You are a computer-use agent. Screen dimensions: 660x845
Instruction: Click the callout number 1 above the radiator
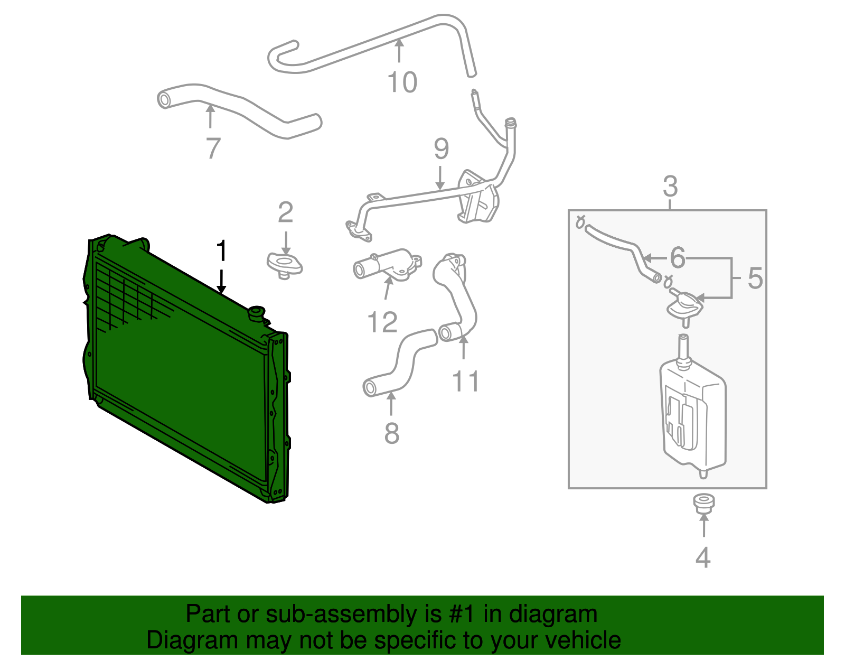click(221, 250)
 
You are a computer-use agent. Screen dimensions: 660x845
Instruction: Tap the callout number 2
click(285, 212)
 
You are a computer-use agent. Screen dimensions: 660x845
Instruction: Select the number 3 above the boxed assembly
click(670, 187)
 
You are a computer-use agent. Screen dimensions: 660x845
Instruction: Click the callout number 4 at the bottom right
click(703, 557)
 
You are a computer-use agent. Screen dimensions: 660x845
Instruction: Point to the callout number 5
click(755, 278)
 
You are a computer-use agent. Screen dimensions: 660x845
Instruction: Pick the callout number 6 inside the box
click(677, 258)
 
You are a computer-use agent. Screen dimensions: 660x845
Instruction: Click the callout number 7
click(212, 148)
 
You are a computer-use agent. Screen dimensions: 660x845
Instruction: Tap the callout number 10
click(402, 82)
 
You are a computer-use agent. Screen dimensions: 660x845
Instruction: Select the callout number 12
click(382, 322)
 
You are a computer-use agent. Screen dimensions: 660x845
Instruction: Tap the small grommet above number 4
click(703, 503)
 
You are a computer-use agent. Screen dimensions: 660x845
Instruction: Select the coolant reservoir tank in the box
click(693, 417)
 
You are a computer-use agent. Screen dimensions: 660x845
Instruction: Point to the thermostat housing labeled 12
click(388, 264)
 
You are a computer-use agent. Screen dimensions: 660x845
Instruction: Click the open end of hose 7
click(165, 99)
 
